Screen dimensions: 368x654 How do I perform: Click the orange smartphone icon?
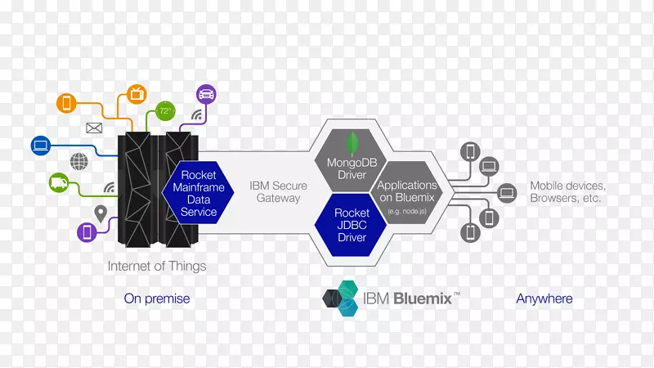pos(66,104)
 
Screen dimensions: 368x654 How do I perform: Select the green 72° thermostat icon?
pos(165,110)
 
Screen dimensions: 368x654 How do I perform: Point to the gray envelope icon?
pos(93,128)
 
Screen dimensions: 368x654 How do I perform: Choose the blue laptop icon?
pos(41,146)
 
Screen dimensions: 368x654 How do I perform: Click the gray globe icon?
pos(78,161)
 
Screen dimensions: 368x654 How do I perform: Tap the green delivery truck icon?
pos(58,182)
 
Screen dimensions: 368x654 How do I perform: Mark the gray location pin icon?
pos(101,214)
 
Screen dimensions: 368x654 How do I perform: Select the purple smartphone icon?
pos(87,231)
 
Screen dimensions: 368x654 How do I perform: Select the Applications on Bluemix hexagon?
pos(406,192)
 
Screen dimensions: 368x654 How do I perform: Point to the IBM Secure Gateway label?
pos(278,191)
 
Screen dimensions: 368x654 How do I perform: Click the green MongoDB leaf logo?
pos(352,144)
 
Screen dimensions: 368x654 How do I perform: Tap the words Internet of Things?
pos(157,266)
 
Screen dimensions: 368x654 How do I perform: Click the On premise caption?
pos(156,298)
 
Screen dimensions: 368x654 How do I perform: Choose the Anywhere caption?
pos(544,298)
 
